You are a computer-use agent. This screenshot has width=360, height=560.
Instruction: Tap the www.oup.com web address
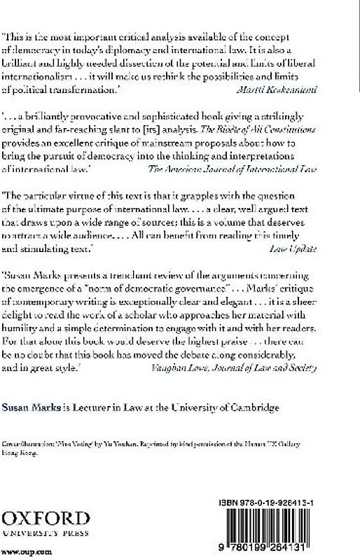[x=22, y=553]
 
